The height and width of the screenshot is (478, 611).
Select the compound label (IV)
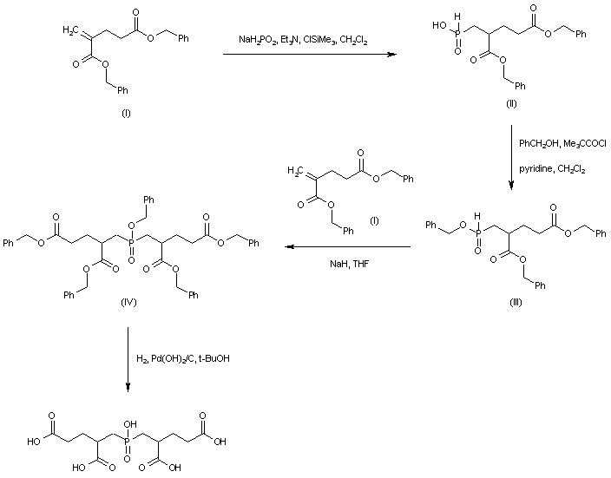128,304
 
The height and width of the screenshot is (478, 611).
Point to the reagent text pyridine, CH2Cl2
551,169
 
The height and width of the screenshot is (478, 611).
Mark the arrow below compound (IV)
128,358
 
